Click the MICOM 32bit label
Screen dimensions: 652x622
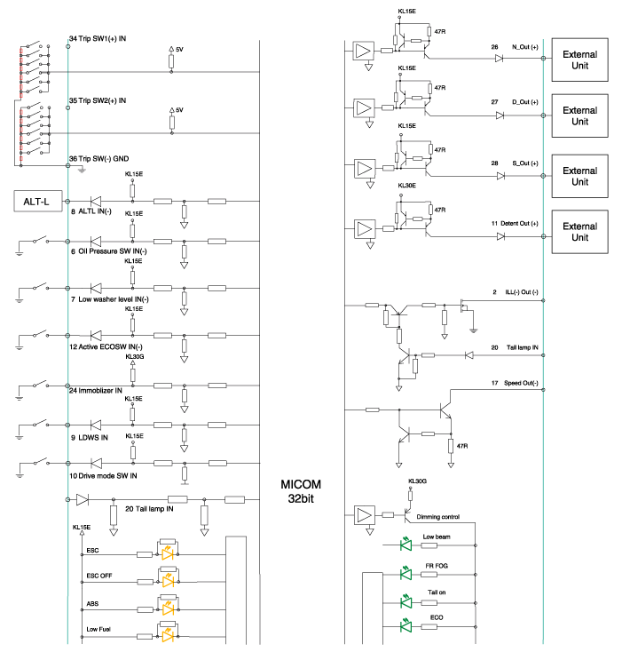(x=302, y=492)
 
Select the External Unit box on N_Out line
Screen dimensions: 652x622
(x=579, y=62)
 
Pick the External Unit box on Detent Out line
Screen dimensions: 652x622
(x=579, y=230)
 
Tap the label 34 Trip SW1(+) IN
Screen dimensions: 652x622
(x=98, y=38)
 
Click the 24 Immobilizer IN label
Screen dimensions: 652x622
(x=96, y=389)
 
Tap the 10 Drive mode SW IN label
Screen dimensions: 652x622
(x=103, y=475)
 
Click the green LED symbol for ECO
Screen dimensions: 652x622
(x=407, y=626)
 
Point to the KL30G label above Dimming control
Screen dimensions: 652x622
(x=417, y=481)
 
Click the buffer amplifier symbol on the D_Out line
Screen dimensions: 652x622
(x=365, y=108)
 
